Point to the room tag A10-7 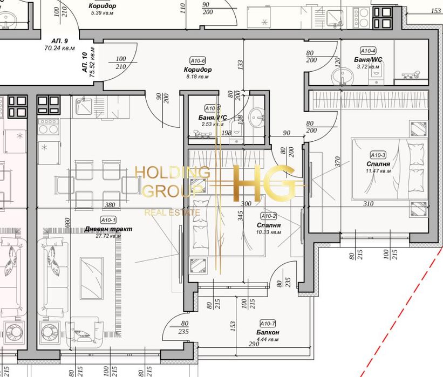pyautogui.click(x=267, y=324)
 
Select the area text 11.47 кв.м pyautogui.click(x=378, y=172)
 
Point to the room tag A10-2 pyautogui.click(x=268, y=216)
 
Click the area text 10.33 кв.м pyautogui.click(x=268, y=232)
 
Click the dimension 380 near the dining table pyautogui.click(x=110, y=205)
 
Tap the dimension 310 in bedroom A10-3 pyautogui.click(x=368, y=204)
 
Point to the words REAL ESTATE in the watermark pyautogui.click(x=172, y=213)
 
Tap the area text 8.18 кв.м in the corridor pyautogui.click(x=197, y=77)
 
